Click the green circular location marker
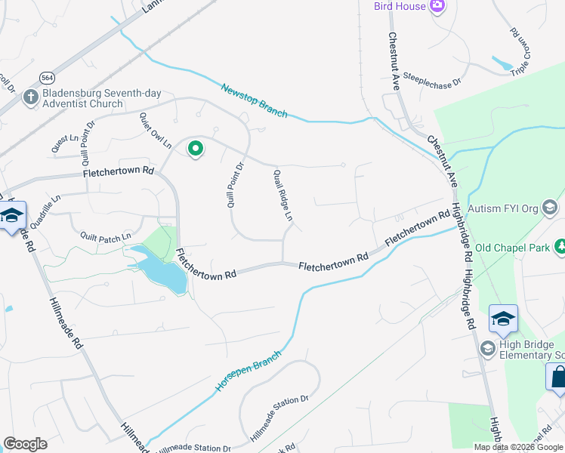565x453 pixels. [196, 149]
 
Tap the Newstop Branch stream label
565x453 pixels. [254, 100]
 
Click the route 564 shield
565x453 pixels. [48, 78]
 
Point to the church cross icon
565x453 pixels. [29, 97]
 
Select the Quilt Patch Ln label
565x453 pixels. [107, 236]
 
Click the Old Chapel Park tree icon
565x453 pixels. [560, 246]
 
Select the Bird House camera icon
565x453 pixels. [437, 6]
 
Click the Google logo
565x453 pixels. [25, 444]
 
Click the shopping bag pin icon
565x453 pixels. [558, 376]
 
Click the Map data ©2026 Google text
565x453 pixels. [517, 447]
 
